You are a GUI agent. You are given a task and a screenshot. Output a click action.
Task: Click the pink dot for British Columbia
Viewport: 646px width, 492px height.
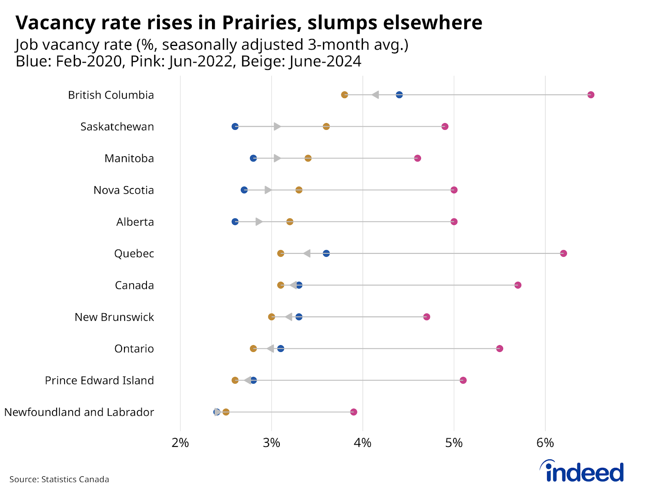tap(591, 95)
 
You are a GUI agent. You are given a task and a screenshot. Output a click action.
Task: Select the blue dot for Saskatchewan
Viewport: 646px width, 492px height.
tap(235, 126)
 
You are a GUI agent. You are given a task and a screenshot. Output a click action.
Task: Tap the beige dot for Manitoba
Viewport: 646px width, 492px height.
tap(308, 158)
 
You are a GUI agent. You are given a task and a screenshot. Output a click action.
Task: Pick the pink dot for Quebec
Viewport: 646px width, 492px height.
tap(564, 253)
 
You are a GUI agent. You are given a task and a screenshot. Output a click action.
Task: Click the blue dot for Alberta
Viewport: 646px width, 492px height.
tap(235, 222)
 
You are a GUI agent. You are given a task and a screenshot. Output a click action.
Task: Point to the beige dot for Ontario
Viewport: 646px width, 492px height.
tap(253, 348)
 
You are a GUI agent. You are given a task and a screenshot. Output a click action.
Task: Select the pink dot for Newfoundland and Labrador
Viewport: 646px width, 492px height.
tap(354, 412)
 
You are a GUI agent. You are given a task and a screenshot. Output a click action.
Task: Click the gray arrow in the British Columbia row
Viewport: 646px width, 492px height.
tap(375, 95)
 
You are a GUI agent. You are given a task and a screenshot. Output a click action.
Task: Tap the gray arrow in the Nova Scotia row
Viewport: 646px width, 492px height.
tap(268, 190)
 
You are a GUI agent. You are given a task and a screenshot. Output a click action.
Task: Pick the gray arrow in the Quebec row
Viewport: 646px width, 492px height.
tap(307, 253)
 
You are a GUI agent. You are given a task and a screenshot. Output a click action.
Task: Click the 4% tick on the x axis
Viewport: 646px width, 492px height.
tap(363, 443)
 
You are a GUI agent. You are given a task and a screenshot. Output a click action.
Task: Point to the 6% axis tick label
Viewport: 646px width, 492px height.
tap(545, 443)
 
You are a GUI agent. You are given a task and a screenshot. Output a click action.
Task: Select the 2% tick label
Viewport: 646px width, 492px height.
tap(180, 443)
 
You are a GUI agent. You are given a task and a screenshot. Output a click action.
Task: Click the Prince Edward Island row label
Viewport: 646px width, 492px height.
tap(99, 381)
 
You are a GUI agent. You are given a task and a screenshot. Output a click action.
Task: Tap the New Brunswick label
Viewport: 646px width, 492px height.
tap(114, 317)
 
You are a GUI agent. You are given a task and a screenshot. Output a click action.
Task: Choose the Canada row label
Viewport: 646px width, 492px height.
tap(134, 285)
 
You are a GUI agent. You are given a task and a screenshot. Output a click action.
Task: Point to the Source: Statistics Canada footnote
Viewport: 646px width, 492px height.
tap(59, 479)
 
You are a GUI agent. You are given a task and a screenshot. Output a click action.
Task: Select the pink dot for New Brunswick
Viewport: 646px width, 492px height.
tap(426, 317)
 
